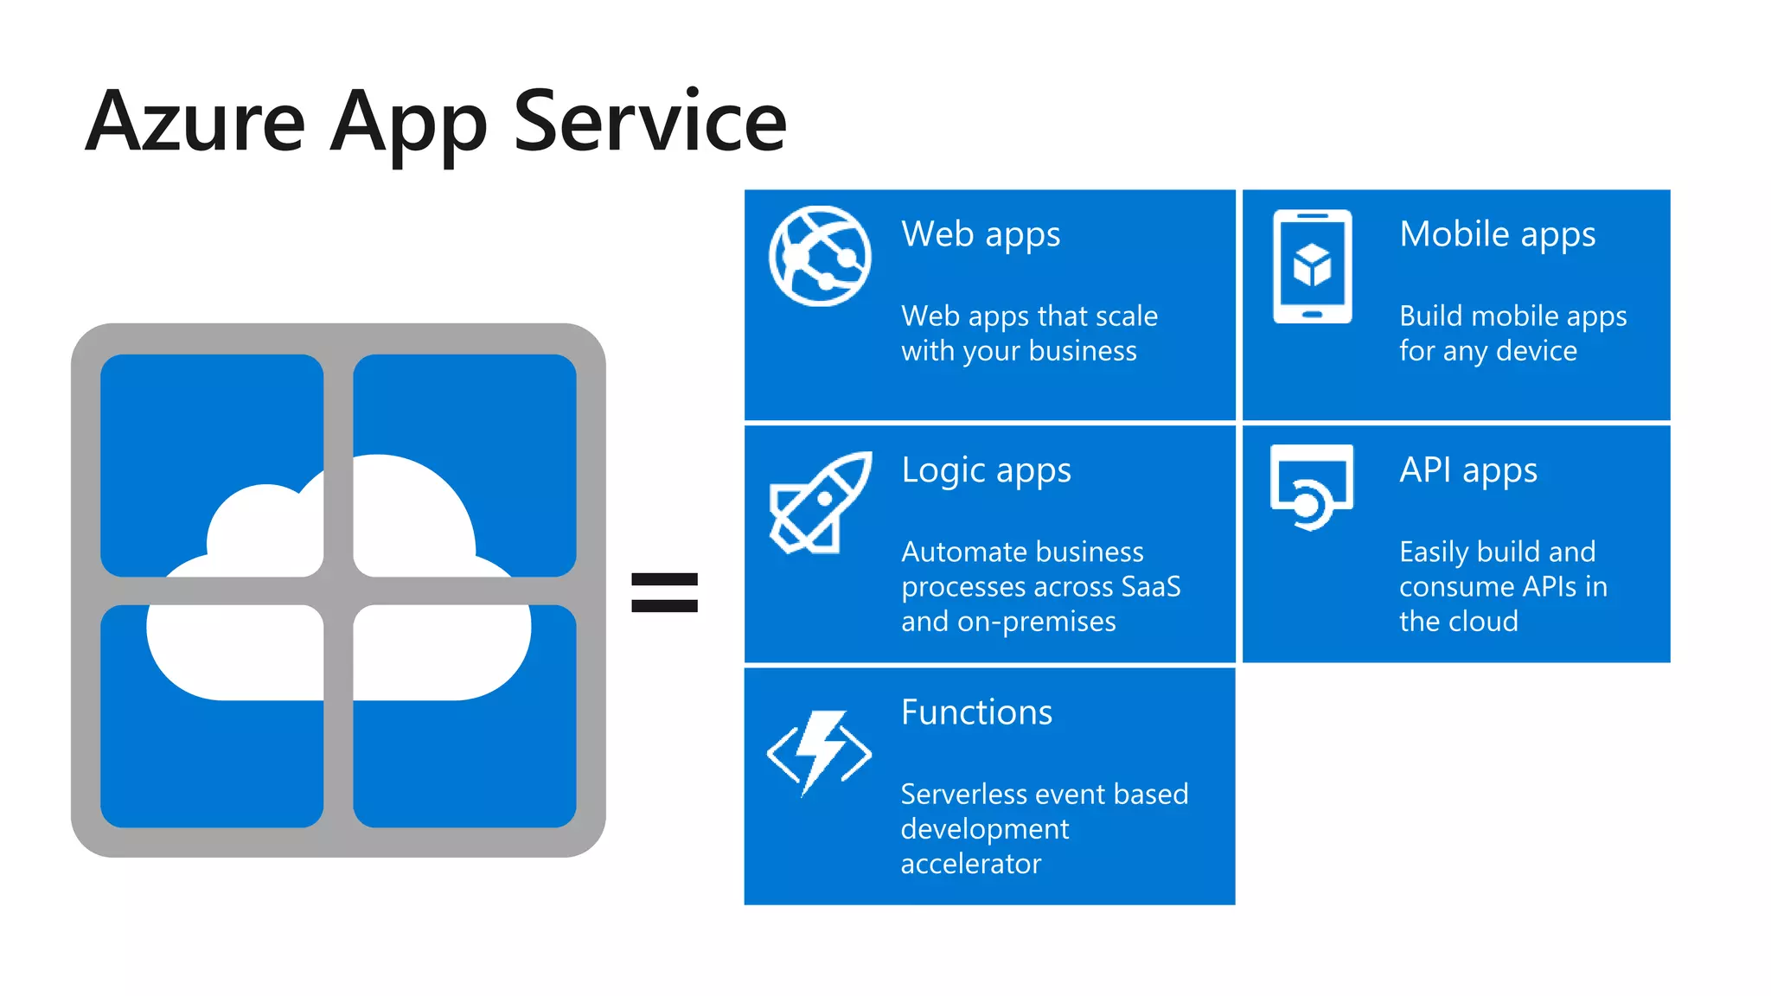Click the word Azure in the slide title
(195, 123)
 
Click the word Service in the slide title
(649, 123)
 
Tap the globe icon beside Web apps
(820, 256)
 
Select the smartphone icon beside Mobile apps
(1312, 266)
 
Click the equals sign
(664, 593)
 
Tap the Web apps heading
(981, 235)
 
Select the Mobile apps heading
(1497, 235)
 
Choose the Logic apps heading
(986, 471)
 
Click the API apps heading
(1468, 471)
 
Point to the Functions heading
(976, 712)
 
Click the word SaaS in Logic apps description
(1150, 587)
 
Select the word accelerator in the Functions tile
(970, 864)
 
